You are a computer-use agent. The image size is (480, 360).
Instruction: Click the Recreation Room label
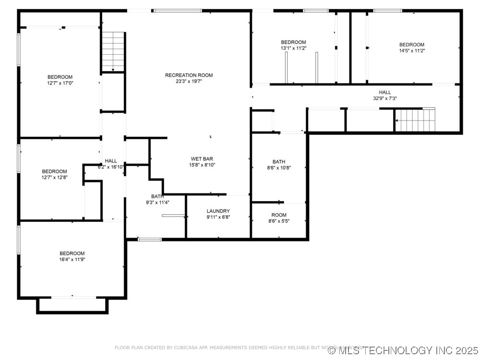tap(189, 75)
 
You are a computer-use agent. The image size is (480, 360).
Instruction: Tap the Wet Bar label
tap(202, 159)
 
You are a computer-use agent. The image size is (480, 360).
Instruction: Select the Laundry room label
tap(218, 211)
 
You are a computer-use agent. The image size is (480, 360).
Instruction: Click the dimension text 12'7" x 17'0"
tap(60, 83)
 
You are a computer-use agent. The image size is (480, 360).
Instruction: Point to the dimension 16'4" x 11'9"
tap(72, 259)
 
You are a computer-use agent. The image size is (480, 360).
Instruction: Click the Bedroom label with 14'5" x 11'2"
tap(411, 45)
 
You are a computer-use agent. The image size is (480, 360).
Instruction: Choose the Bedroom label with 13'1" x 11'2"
tap(293, 42)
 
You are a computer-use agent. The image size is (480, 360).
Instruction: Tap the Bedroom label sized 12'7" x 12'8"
tap(54, 171)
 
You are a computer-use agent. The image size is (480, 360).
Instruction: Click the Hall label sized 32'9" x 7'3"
tap(384, 92)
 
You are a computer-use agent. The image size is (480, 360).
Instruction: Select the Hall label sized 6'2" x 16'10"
tap(111, 161)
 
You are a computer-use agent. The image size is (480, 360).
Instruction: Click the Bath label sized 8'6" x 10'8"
tap(278, 162)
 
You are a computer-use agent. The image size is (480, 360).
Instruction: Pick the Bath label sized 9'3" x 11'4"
tap(157, 196)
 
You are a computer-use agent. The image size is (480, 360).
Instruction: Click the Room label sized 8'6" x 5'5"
tap(278, 215)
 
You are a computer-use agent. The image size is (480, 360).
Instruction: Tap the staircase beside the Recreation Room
tap(113, 51)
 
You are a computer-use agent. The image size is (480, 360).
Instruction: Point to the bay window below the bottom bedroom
tap(72, 305)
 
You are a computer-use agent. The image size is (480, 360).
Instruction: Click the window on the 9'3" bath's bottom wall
tap(150, 239)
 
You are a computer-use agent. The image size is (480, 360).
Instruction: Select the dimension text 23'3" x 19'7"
tap(189, 81)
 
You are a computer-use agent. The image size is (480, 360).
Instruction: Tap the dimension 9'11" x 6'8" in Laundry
tap(218, 217)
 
